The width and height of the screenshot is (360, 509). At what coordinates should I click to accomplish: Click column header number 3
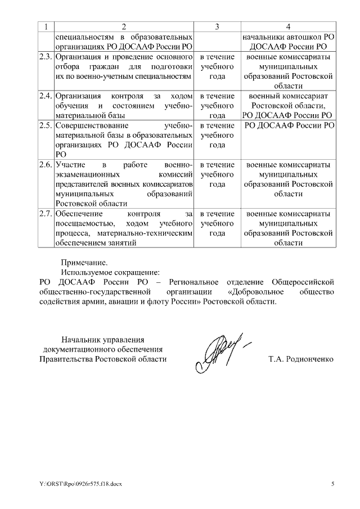click(x=217, y=27)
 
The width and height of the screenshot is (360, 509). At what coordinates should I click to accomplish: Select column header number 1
click(x=46, y=27)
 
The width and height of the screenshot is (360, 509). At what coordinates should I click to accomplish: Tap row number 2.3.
click(x=46, y=57)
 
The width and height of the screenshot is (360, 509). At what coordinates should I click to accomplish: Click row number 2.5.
click(x=46, y=125)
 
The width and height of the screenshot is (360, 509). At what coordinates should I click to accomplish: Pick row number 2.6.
click(x=46, y=165)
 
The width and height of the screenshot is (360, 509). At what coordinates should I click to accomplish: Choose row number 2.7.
click(x=46, y=214)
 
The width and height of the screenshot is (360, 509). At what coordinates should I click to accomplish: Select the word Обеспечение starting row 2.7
click(x=79, y=214)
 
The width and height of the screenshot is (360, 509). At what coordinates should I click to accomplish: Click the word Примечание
click(x=83, y=262)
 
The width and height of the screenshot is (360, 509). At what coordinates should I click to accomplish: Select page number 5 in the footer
click(x=332, y=483)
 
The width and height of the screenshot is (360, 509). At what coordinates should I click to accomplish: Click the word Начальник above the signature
click(x=83, y=339)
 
